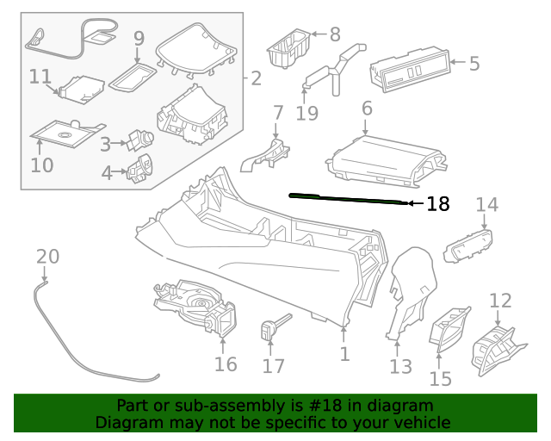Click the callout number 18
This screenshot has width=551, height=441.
click(x=438, y=204)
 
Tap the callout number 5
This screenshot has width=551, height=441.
click(x=474, y=63)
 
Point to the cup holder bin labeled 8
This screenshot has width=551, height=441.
click(x=288, y=48)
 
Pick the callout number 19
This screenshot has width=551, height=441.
click(x=306, y=113)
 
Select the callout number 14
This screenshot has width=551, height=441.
click(x=487, y=205)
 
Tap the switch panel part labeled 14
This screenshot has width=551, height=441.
click(x=468, y=246)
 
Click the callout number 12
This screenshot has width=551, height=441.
click(x=500, y=301)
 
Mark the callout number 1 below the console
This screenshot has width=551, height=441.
click(x=344, y=354)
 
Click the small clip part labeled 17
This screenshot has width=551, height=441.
click(x=270, y=328)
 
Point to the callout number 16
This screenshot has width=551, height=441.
click(x=225, y=364)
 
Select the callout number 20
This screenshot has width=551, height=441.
click(x=48, y=257)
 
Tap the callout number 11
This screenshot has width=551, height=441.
click(x=40, y=77)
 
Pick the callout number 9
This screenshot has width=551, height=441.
click(x=139, y=39)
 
